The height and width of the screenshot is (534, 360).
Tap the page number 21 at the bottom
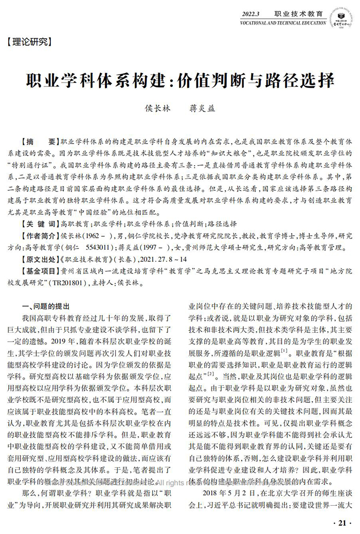341,523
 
